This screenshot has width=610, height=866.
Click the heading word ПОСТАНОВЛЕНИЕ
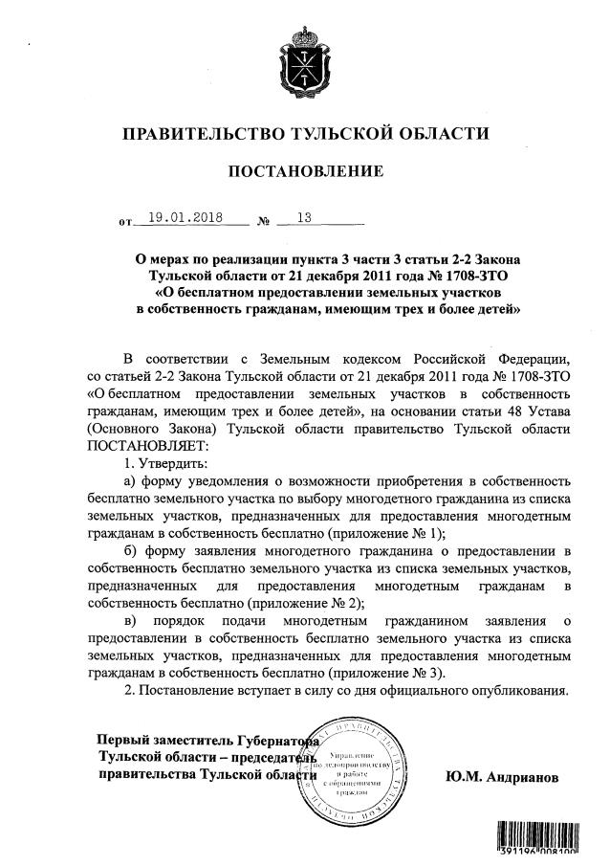coord(305,171)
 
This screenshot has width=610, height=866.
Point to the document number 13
coord(305,217)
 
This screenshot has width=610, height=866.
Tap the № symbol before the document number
coord(265,221)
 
